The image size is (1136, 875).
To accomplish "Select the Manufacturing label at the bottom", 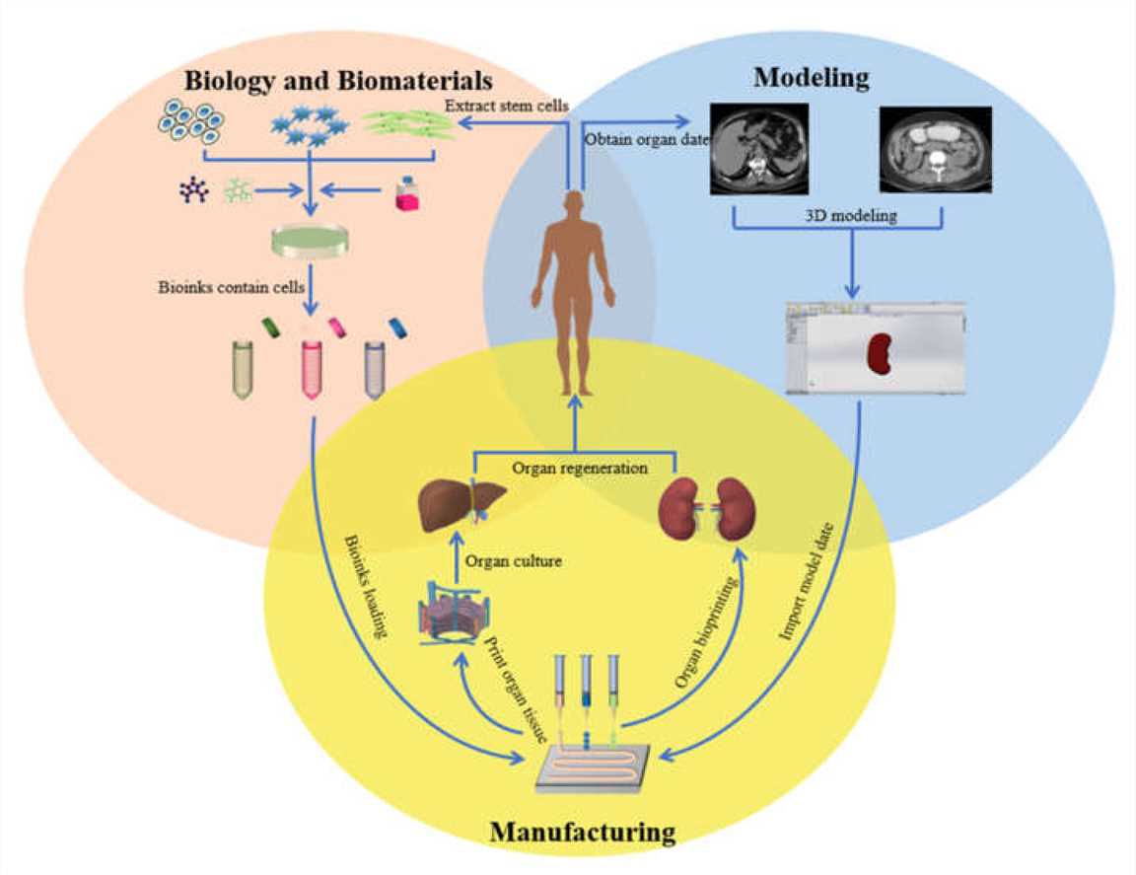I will (x=582, y=833).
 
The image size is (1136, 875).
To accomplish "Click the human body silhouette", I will (x=572, y=291).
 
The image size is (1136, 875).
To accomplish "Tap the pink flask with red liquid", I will (x=405, y=191).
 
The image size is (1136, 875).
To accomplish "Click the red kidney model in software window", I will (x=878, y=354).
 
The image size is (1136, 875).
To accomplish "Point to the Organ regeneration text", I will (x=579, y=469).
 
